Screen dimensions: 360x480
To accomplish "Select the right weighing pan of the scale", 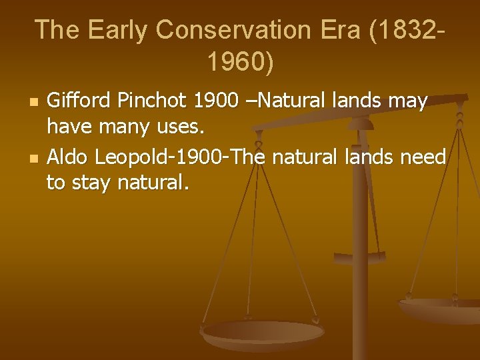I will click(440, 309).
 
